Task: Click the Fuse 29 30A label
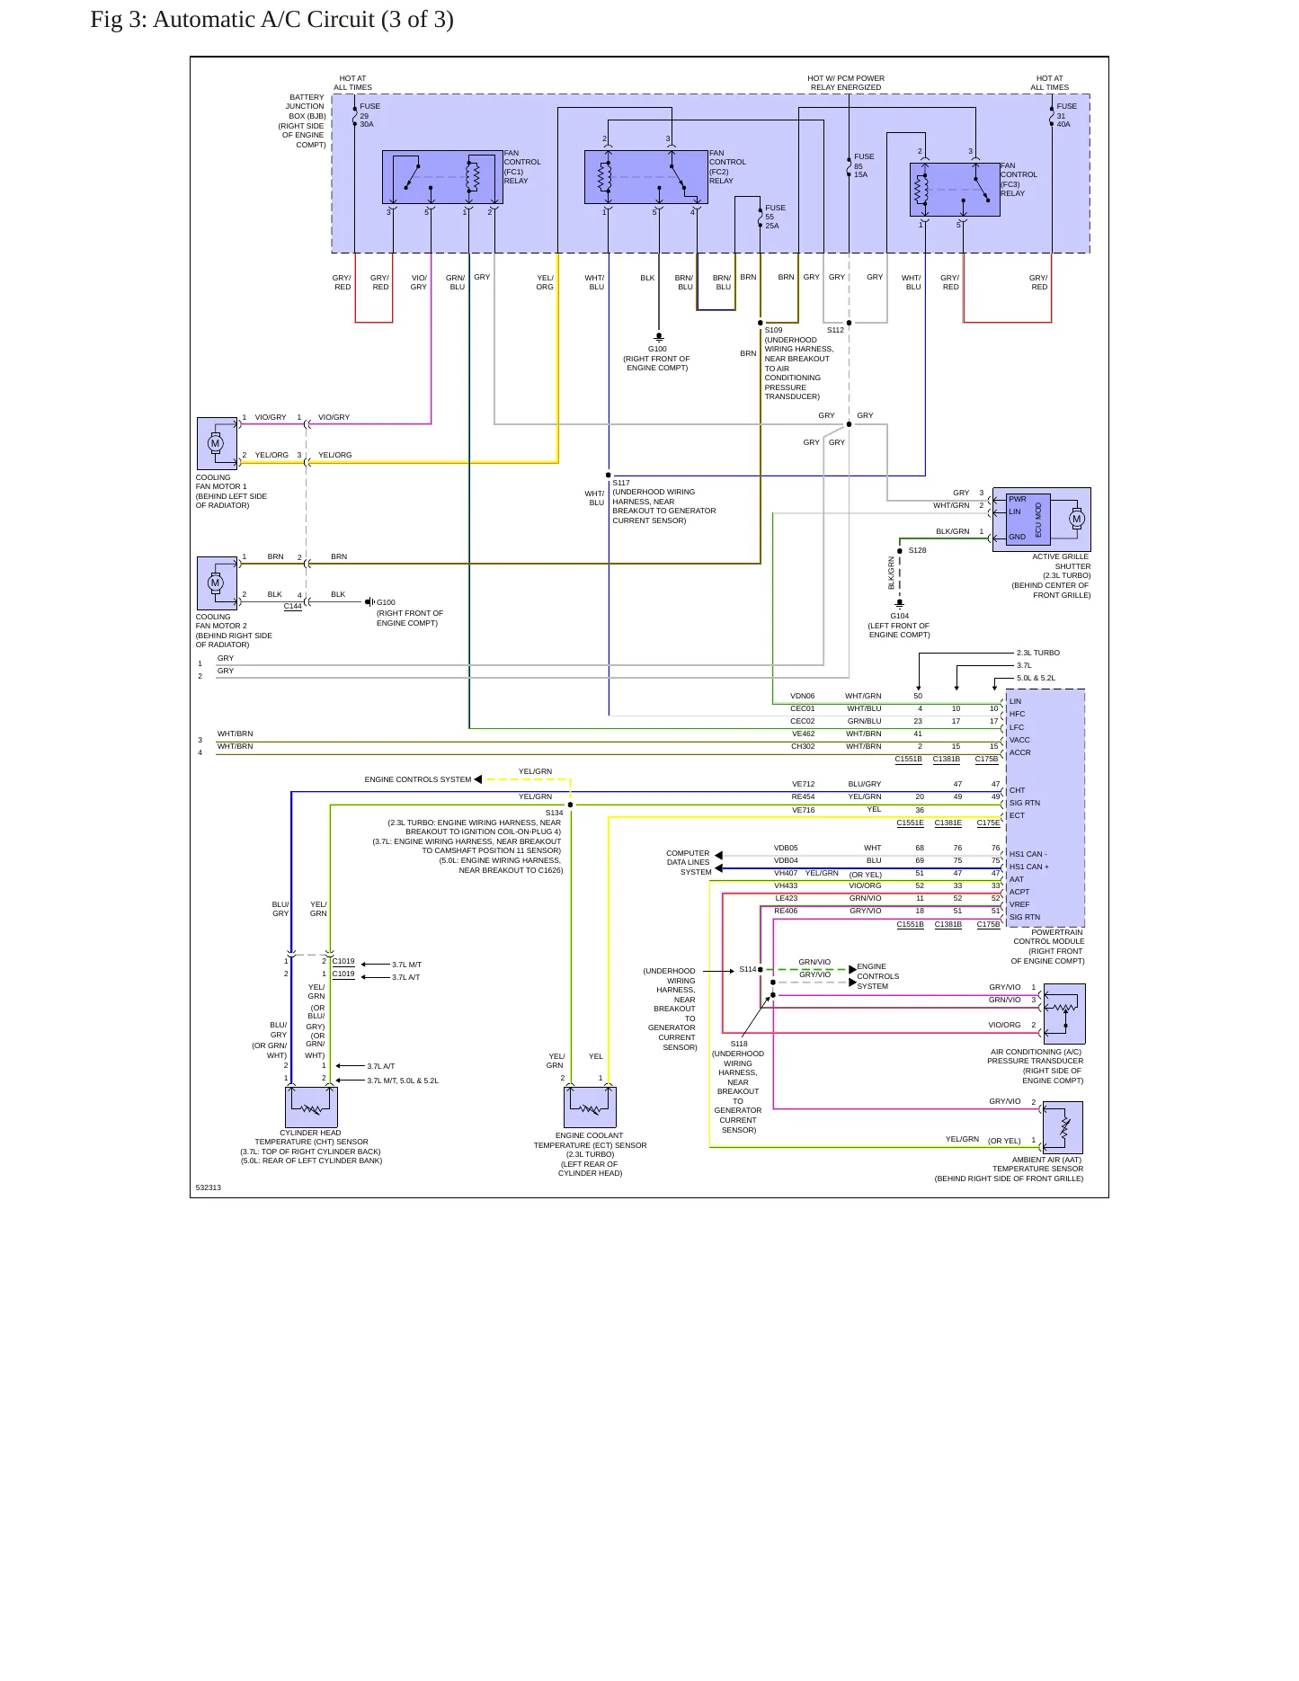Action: (x=369, y=115)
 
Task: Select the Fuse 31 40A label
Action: (x=1066, y=115)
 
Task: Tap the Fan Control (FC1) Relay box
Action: (x=442, y=177)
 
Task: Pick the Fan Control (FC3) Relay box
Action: (x=955, y=189)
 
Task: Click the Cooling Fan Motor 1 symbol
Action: (x=217, y=443)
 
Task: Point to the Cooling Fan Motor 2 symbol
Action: (x=217, y=583)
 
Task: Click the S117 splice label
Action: (x=621, y=483)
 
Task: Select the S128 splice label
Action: (x=917, y=550)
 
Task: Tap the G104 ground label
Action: (x=900, y=616)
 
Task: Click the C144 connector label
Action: (x=293, y=606)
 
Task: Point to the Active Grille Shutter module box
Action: (x=1041, y=520)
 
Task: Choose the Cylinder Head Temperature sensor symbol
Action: (x=311, y=1107)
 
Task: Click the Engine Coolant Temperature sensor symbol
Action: (x=591, y=1107)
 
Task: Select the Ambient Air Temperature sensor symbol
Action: (x=1063, y=1127)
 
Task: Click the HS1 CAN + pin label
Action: (x=1029, y=867)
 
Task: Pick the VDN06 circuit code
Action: (x=803, y=696)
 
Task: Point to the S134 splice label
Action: (x=554, y=813)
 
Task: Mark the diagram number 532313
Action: (x=209, y=1187)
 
